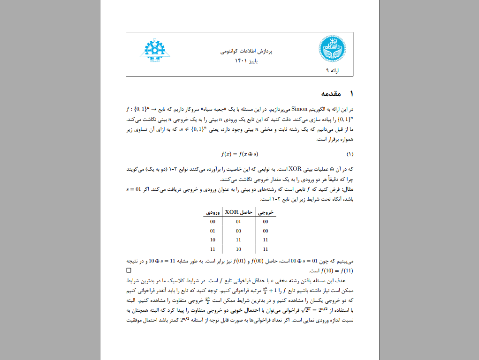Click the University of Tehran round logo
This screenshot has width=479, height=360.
333,49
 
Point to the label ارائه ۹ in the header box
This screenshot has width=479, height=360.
332,71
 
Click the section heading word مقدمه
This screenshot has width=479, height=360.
331,94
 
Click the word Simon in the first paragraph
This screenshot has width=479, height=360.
299,109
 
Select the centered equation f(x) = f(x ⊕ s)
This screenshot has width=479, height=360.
240,154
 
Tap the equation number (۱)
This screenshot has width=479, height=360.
350,154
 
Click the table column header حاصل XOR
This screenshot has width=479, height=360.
238,212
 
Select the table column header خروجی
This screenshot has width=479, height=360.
266,212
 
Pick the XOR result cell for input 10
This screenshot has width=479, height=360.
238,240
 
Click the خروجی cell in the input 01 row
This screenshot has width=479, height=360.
266,231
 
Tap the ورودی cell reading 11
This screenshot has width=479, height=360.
213,249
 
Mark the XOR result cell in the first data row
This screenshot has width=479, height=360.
238,222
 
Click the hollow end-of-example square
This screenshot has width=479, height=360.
129,270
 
